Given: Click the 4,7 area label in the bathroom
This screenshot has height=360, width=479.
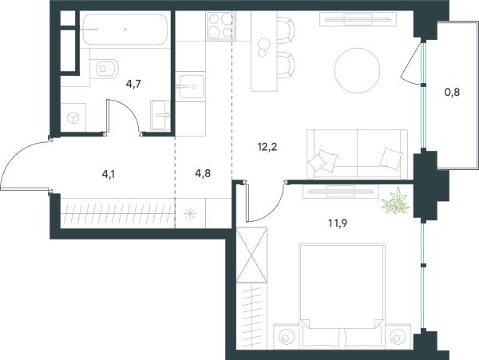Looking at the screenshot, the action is pos(133,84).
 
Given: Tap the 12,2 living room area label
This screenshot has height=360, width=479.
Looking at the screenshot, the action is pos(267,147).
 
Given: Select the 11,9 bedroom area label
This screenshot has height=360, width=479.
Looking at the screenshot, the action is pos(338,224).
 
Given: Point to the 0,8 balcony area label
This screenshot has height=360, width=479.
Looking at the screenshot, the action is pos(452,92).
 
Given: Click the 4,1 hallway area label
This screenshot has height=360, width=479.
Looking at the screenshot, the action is pos(109,174).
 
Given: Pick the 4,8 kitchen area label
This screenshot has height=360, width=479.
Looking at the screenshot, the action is pos(203,173).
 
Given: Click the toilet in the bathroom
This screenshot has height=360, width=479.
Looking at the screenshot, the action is pos(104,69).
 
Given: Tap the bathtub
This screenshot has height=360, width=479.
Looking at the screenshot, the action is pos(125,30).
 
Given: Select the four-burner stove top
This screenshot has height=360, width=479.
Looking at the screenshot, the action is pos(220,26).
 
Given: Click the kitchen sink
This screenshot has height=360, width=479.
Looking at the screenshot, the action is pos(192,87).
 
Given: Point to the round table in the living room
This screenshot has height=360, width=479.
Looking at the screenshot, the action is pos(357,70).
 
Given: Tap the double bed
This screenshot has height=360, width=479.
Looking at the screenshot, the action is pos(342,296).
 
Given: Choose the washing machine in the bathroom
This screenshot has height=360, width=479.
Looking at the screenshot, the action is pos(73,117).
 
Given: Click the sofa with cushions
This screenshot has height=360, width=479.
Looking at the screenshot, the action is pos(357,154).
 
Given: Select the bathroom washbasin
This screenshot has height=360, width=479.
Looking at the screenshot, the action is pos(160,115).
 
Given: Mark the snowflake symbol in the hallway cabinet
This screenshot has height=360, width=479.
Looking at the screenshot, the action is pos(190,213).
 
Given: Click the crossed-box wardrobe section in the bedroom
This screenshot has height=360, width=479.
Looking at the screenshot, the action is pos(251,255).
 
